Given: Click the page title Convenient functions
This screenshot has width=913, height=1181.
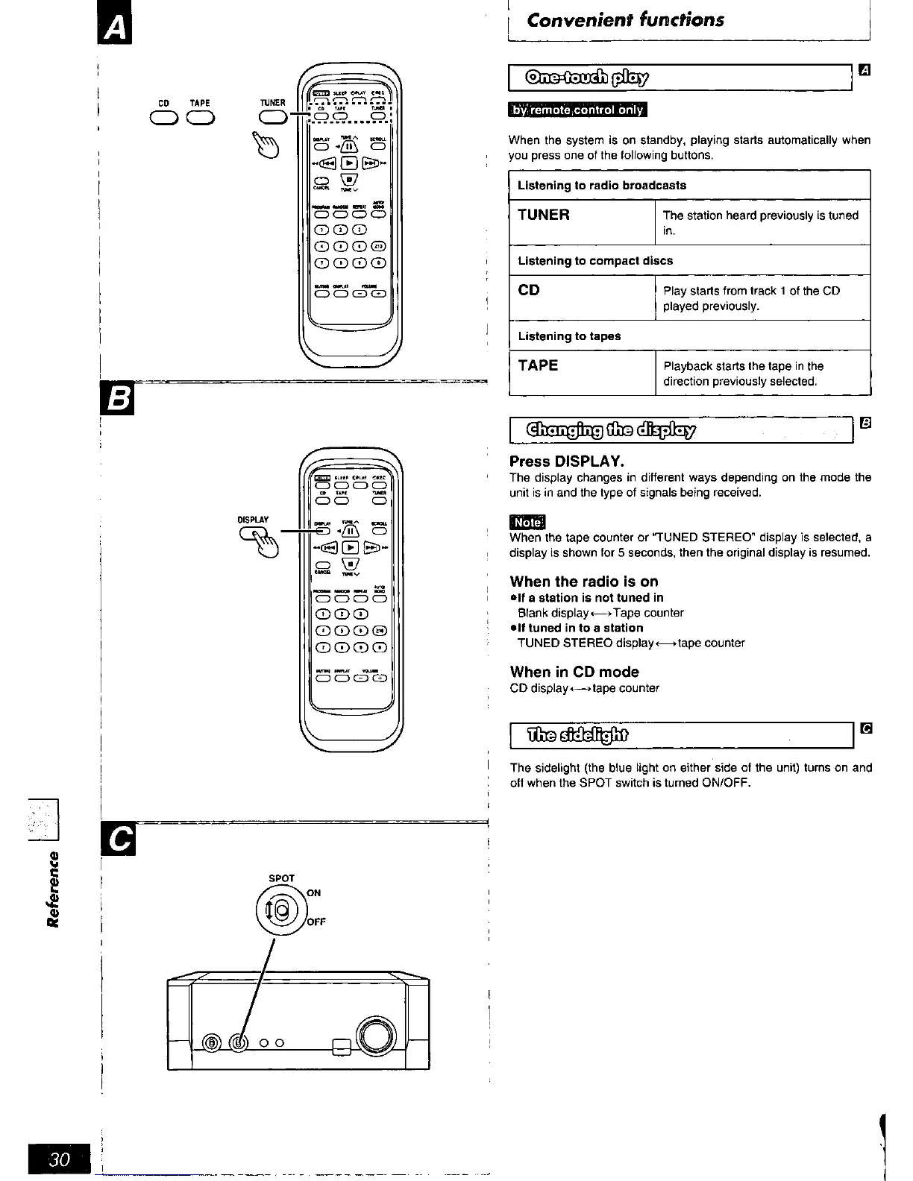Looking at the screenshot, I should tap(625, 20).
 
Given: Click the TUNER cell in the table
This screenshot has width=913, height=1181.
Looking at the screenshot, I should tap(544, 215).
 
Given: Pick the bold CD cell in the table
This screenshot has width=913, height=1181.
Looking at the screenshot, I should tap(529, 291).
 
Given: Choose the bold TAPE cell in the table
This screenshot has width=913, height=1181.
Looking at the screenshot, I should tap(538, 366).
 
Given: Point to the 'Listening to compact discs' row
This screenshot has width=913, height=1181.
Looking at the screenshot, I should tap(595, 261).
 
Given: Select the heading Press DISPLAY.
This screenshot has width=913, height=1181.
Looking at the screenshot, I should tap(566, 462).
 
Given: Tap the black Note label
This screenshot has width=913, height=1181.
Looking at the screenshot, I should tap(527, 523).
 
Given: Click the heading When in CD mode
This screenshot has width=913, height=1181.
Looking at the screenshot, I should tap(574, 672).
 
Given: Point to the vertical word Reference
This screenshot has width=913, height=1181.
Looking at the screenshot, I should tap(52, 888).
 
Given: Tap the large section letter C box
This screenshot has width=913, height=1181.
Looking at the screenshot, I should tap(119, 840).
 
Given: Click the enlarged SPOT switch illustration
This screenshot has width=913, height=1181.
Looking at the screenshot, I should tap(280, 910).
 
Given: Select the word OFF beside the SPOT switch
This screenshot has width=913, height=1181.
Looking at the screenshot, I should tap(316, 922).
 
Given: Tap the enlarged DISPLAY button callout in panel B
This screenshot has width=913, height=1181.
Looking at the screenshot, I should tap(252, 534).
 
